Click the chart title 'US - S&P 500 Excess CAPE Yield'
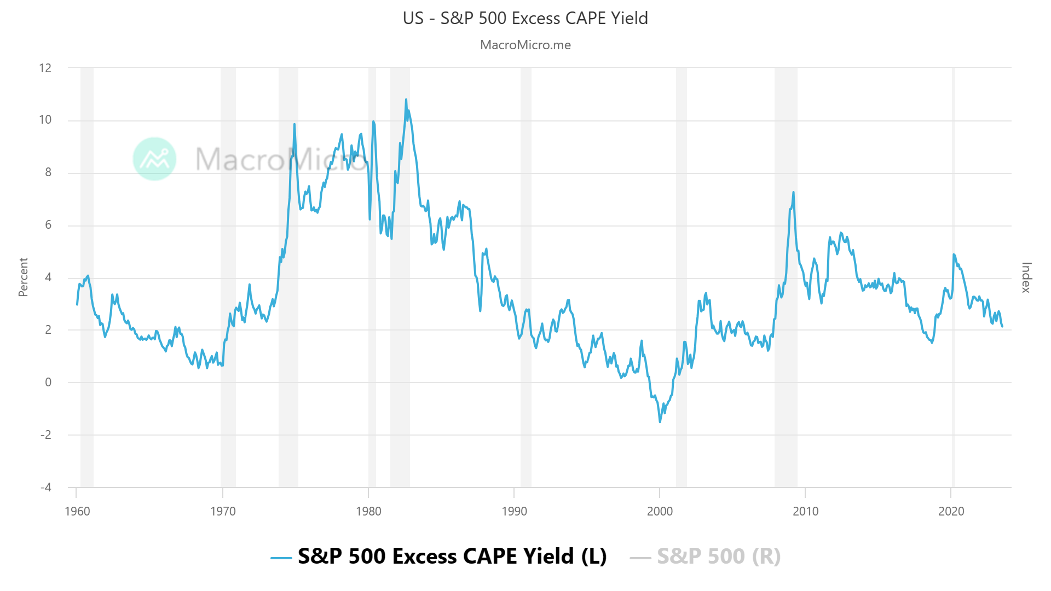tap(525, 18)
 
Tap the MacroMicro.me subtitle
tap(525, 45)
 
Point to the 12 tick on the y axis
tap(45, 68)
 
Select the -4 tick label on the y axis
tap(45, 487)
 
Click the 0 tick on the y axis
tap(48, 383)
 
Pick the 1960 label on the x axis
tap(77, 512)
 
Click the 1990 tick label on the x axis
tap(514, 512)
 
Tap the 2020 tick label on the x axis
tap(951, 512)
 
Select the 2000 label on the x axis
tap(660, 512)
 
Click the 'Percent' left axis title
tap(23, 277)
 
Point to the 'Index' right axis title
tap(1026, 277)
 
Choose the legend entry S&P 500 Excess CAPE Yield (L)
tap(452, 557)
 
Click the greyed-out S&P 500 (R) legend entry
tap(718, 557)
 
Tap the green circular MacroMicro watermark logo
tap(155, 159)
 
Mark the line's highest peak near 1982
tap(406, 100)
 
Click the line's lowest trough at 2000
tap(660, 421)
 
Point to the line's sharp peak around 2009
tap(793, 193)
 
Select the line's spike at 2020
tap(954, 254)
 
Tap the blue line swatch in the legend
tap(281, 558)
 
